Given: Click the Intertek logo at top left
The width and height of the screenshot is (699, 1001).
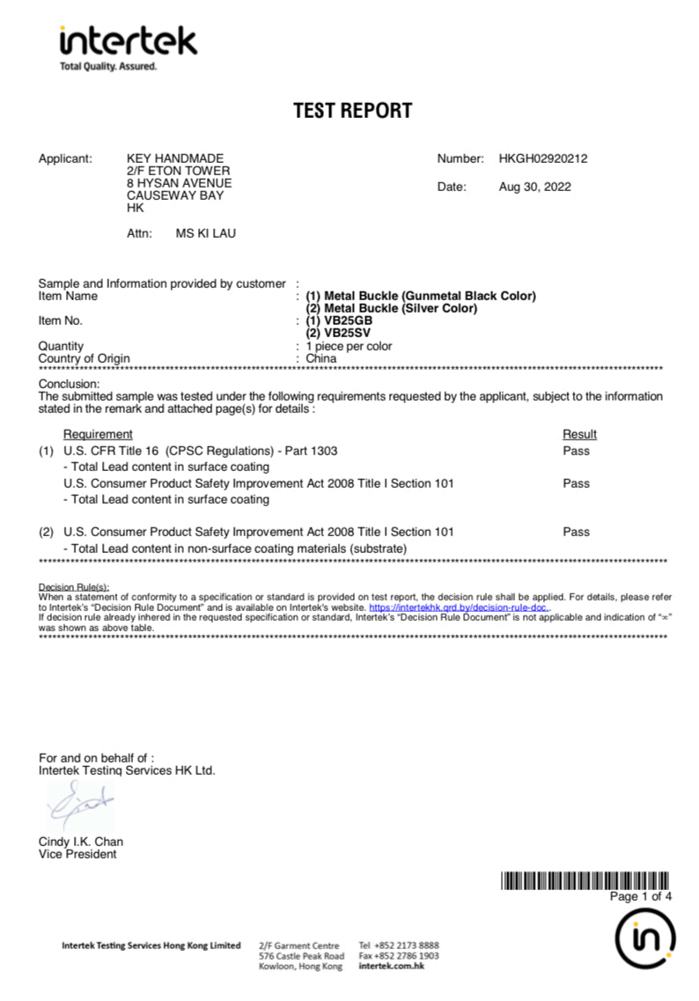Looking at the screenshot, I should pos(129,47).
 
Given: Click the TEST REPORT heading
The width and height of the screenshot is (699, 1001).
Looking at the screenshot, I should pos(352,111).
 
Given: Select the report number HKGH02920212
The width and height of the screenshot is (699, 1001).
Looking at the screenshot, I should pos(542,159).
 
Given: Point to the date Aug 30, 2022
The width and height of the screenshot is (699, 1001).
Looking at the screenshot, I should pos(534,187).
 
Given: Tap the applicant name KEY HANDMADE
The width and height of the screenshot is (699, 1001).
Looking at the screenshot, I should pos(175,159).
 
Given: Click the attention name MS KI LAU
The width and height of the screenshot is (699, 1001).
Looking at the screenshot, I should pos(206,233).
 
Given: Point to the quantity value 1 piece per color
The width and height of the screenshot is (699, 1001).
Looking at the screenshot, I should pos(349,346).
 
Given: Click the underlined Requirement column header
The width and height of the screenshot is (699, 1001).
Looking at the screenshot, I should pos(98,434).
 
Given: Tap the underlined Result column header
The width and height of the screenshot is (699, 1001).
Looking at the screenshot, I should pos(579,434).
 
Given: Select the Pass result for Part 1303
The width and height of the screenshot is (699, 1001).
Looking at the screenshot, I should pos(576,451).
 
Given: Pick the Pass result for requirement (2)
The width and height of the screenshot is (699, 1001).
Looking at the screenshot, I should pos(576,532).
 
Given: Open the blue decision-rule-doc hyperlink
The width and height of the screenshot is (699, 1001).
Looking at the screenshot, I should pos(459,607).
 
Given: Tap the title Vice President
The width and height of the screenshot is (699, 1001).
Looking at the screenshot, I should pos(77,854).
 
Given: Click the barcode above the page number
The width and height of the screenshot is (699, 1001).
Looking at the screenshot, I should pos(585,880).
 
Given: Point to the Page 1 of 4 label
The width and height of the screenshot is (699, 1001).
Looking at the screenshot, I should pos(641,896).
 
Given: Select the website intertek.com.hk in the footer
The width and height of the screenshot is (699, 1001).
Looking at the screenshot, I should pos(392,967).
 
